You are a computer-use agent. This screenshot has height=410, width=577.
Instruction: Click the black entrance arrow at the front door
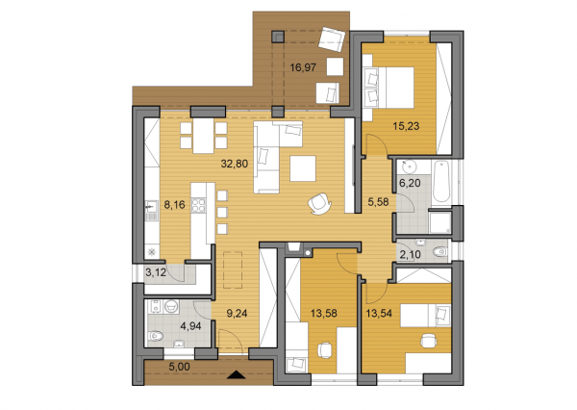coord(238,374)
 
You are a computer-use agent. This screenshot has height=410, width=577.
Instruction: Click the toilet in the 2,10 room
coord(439,253)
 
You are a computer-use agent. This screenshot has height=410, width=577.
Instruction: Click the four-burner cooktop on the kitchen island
coord(199,205)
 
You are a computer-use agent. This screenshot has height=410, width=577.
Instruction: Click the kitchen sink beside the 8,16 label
coord(151,205)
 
